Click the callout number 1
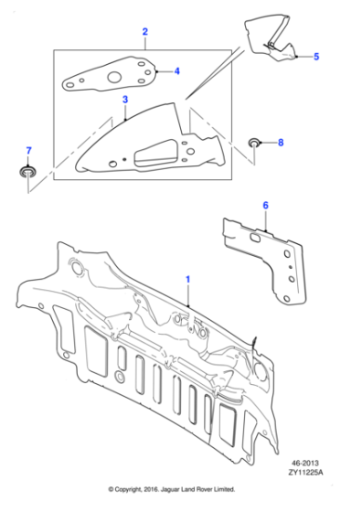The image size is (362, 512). [188, 277]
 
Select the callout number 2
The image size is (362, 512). [144, 34]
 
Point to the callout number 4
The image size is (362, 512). [176, 70]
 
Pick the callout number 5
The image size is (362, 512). [316, 57]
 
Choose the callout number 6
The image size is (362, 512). [266, 207]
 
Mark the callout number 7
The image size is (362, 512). [28, 149]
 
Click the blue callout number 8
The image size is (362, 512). [281, 143]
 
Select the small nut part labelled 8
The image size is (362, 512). [255, 143]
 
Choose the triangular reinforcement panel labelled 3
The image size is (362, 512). [146, 142]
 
